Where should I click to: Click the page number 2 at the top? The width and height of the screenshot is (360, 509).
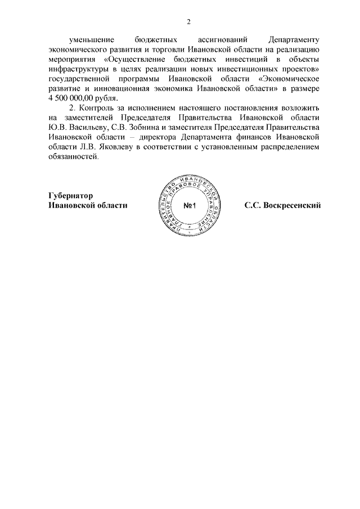click(188, 22)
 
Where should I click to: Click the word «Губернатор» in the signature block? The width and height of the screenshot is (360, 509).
click(70, 196)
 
